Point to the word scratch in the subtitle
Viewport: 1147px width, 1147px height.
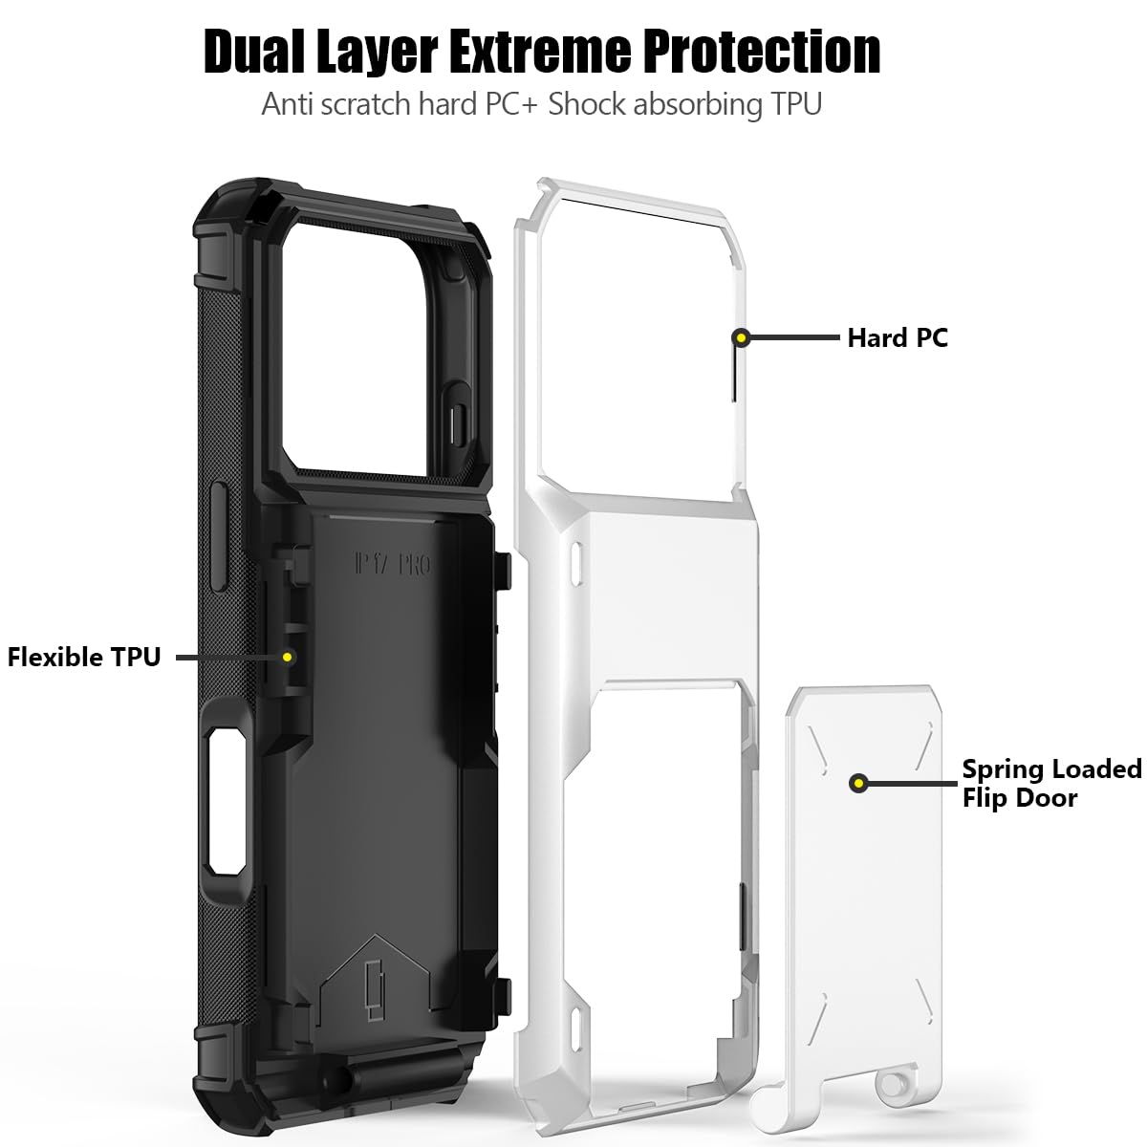pos(365,103)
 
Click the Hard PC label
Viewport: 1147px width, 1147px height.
pos(898,337)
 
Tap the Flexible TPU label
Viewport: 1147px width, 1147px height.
pos(84,657)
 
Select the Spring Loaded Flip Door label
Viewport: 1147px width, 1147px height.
pos(1051,783)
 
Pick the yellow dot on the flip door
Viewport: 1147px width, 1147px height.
pos(859,783)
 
